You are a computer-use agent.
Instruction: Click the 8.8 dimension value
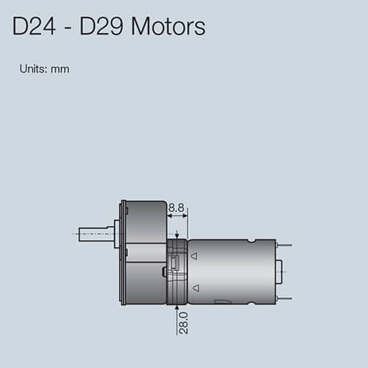pos(177,208)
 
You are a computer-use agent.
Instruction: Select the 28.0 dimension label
pos(183,322)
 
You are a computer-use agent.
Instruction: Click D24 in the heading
pos(33,27)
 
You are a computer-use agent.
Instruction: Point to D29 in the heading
pos(96,27)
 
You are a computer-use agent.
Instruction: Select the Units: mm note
pos(44,69)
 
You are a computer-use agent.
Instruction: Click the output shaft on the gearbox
pos(94,235)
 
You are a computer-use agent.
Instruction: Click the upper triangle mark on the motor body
pos(194,257)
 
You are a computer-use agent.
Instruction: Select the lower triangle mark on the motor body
pos(194,289)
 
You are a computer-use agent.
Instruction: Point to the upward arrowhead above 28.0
pos(177,307)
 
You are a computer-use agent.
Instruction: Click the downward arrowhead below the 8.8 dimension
pos(177,234)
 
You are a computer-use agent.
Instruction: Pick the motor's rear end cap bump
pos(281,272)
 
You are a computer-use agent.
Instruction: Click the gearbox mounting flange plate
pos(124,252)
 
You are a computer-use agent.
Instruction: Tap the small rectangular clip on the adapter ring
pos(177,264)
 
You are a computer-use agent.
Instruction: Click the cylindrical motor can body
pos(228,271)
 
